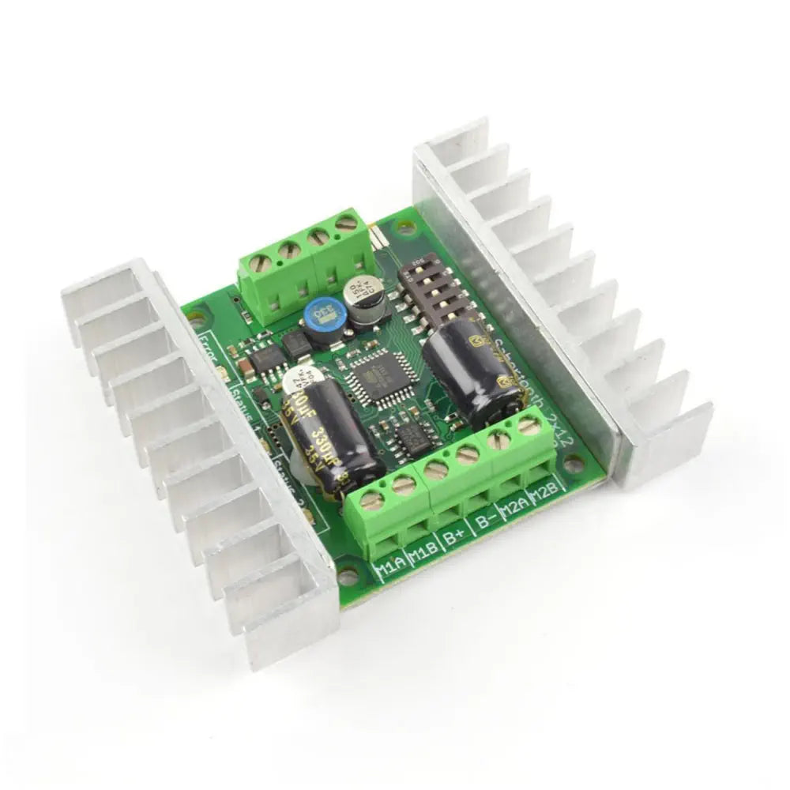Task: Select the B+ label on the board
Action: [x=453, y=539]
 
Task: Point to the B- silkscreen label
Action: [x=485, y=523]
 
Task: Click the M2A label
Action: [x=514, y=510]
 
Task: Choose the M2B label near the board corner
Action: [x=544, y=496]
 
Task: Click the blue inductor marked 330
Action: [x=322, y=318]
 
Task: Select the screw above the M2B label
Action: [x=526, y=427]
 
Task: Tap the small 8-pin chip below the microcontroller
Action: [x=410, y=434]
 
